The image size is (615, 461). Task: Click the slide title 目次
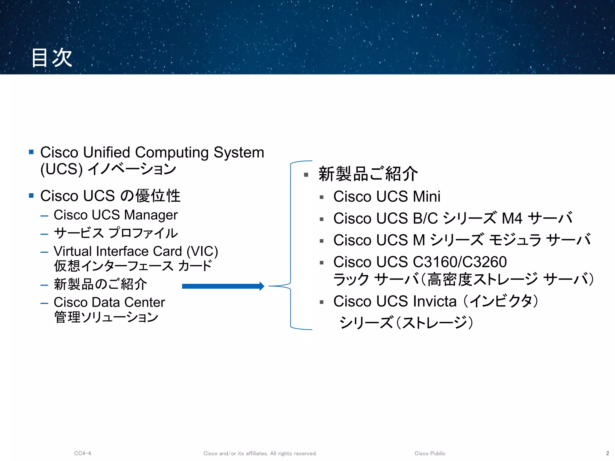[x=52, y=58]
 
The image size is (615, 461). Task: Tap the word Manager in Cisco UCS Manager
[x=151, y=215]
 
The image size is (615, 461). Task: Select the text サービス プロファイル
[x=116, y=233]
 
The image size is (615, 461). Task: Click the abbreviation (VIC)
[x=202, y=252]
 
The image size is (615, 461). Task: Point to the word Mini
[x=426, y=197]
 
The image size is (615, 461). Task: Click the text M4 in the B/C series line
[x=512, y=218]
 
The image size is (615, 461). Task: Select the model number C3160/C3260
[x=460, y=262]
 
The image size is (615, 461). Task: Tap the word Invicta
[x=435, y=301]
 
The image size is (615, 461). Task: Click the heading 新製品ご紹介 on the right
[x=368, y=174]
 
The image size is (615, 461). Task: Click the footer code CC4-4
[x=83, y=453]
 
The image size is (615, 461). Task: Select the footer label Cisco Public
[x=430, y=453]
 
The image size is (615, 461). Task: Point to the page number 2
[x=607, y=453]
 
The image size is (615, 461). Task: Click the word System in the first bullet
[x=239, y=152]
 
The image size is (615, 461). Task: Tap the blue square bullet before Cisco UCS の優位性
[x=31, y=196]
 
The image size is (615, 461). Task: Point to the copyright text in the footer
[x=260, y=453]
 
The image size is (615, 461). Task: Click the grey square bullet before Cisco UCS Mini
[x=322, y=197]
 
